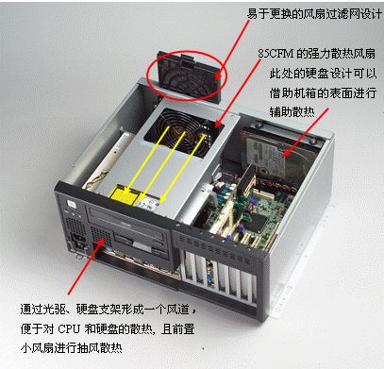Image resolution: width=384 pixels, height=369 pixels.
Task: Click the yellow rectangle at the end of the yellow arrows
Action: coord(124,196)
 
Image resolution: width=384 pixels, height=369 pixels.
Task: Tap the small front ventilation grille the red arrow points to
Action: coord(100,236)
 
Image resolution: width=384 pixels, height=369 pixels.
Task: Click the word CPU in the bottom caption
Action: coord(69,329)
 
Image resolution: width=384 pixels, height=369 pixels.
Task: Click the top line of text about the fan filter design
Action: coord(314,14)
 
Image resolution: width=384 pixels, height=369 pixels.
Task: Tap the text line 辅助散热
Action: coord(292,111)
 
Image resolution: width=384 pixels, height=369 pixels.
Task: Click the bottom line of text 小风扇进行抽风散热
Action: coord(72,348)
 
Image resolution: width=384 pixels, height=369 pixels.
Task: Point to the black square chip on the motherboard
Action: coord(259,223)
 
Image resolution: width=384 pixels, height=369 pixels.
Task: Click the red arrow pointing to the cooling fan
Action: coord(238,92)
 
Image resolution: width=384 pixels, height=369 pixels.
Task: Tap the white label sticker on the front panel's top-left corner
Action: coord(72,205)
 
